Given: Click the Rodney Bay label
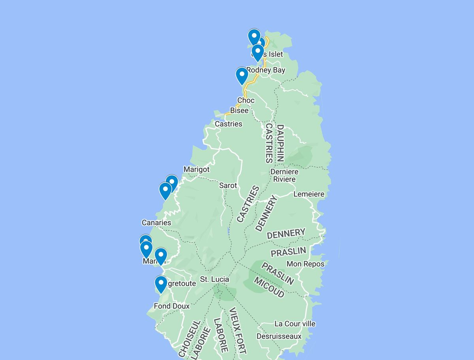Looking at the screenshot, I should coord(265,70).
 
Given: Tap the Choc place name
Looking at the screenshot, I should coord(246,100).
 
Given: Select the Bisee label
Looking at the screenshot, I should coord(239,111).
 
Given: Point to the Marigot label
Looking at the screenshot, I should coord(196,169).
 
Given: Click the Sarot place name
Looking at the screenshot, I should coord(228,186).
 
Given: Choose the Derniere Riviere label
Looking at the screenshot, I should coord(284,176).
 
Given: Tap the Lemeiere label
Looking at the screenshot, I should coord(308,194).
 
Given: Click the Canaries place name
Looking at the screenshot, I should coord(156,223).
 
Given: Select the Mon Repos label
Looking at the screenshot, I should coord(305,264).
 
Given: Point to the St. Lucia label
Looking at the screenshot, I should coord(214,279).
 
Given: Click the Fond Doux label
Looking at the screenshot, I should coord(171,306).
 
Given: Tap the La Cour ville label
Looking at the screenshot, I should coord(295,324).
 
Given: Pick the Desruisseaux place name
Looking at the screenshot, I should coord(279,336).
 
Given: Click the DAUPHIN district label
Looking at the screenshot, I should coord(280,143).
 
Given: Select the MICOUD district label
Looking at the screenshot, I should coord(269,287).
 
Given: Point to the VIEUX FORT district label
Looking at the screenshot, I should coord(237,331).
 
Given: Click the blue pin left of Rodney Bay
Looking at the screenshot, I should coord(242,76).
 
